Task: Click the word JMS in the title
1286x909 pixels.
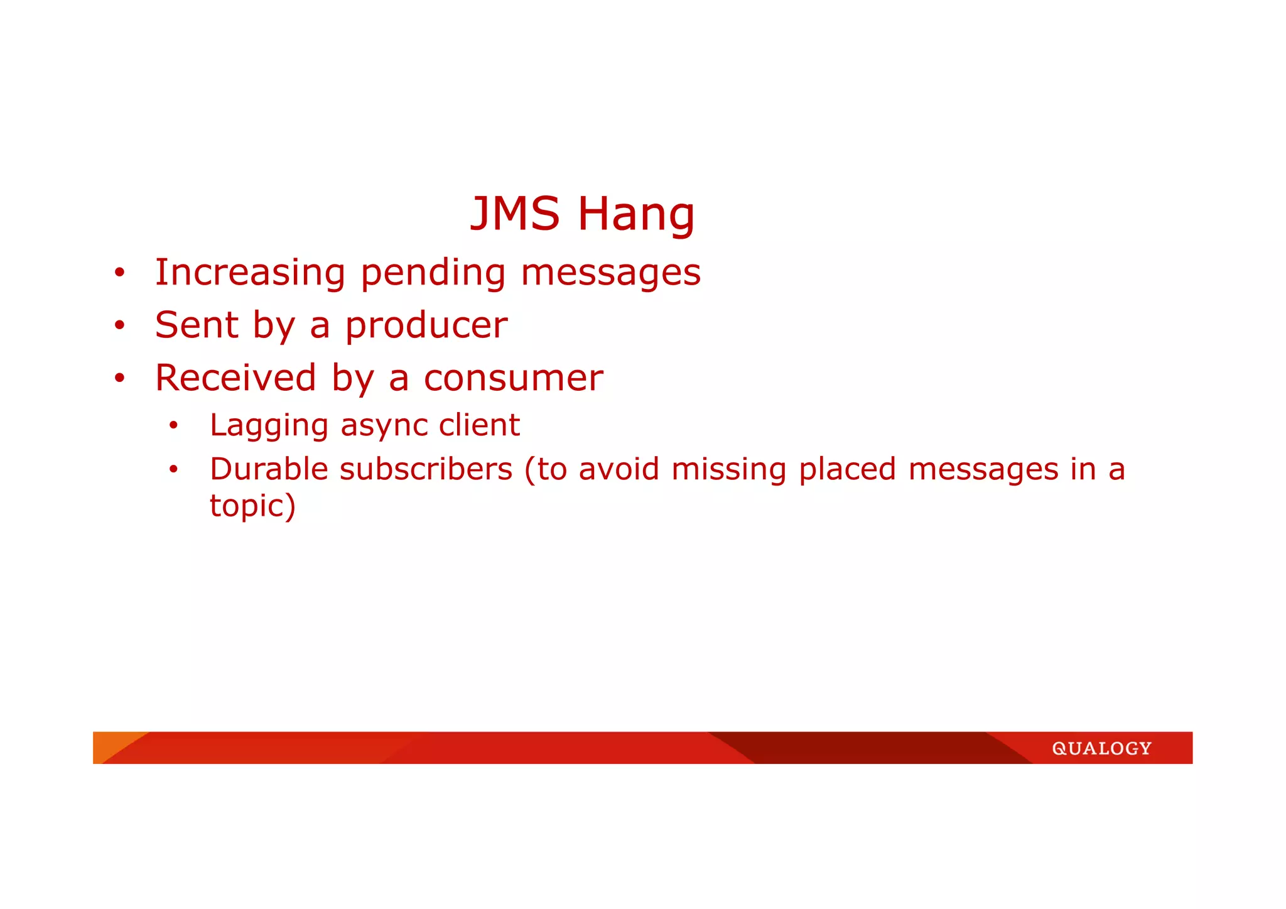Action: point(514,214)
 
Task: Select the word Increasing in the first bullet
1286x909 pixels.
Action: point(250,273)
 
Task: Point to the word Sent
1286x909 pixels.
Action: point(197,325)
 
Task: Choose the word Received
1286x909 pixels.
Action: point(235,378)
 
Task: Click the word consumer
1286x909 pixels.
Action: point(513,379)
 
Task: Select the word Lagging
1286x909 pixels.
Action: point(269,426)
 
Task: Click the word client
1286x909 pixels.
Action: point(479,425)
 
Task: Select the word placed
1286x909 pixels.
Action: point(847,470)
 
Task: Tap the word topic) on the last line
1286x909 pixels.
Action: point(252,506)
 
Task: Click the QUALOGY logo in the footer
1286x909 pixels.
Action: point(1101,748)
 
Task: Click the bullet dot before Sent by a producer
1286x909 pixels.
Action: point(119,325)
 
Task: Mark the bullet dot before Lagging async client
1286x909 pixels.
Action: point(174,426)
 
